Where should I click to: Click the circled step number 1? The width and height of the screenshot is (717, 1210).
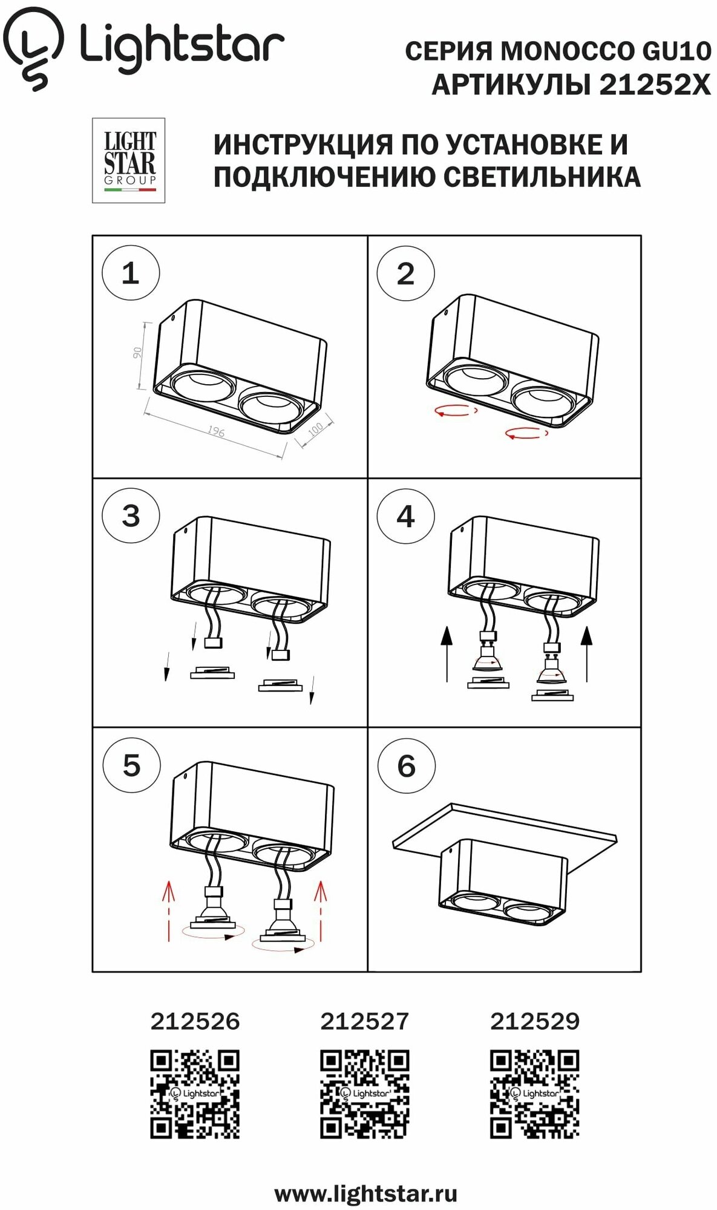point(131,273)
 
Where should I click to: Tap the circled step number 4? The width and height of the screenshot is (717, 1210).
point(405,517)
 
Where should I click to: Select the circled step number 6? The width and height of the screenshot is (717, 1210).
point(406,767)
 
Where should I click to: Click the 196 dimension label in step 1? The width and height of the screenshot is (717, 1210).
point(216,431)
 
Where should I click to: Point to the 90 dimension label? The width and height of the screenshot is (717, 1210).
point(137,353)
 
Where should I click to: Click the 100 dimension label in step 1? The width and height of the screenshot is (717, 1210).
point(316,430)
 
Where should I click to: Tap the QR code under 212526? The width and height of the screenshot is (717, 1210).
point(195,1094)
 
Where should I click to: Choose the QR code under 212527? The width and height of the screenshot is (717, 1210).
point(364,1094)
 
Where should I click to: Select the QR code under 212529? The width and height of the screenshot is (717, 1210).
point(534,1094)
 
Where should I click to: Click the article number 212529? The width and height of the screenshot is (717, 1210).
point(534,1022)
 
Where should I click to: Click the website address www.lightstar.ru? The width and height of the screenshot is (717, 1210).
point(365,1194)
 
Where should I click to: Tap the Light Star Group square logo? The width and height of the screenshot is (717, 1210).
point(128,160)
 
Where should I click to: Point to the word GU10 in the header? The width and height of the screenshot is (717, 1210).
point(676,51)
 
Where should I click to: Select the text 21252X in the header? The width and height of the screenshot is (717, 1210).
point(655,85)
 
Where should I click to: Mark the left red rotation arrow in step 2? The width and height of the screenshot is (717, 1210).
point(456,411)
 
